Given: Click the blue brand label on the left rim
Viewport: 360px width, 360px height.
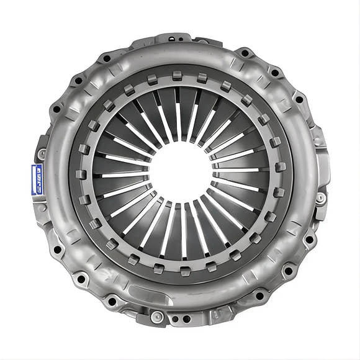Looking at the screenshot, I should click(x=37, y=179).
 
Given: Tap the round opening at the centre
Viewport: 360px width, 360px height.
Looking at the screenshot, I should click(x=180, y=170).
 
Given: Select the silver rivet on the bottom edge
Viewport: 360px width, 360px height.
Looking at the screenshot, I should click(x=156, y=318).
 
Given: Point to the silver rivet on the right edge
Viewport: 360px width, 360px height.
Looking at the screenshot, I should click(x=321, y=197).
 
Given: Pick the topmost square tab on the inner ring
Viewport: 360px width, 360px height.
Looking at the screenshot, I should click(x=178, y=75).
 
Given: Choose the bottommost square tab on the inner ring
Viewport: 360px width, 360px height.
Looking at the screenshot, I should click(x=184, y=271).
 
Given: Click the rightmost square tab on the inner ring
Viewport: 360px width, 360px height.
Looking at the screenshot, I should click(x=281, y=166).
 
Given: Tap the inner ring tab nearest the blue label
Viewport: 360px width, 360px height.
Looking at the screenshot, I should click(x=81, y=175).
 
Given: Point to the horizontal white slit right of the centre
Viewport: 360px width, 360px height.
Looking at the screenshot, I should click(x=239, y=169).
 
